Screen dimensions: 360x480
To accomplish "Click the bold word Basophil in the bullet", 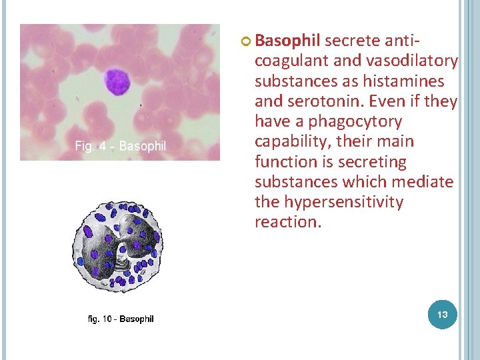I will coord(287,41).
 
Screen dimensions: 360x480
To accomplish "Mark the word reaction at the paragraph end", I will coord(287,221).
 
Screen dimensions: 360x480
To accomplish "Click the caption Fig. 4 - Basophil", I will coord(120,146).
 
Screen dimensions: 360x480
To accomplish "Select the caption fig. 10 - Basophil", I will coord(121,319).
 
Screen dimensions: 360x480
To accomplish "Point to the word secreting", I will coord(373,161).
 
